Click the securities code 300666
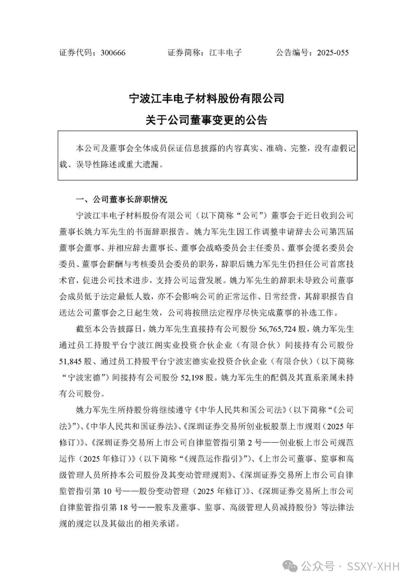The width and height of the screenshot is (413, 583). coord(113,53)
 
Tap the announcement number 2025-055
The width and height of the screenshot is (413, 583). coord(333,53)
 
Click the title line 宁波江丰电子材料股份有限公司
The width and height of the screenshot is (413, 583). coord(206,99)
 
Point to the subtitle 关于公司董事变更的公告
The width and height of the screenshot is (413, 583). coord(206,120)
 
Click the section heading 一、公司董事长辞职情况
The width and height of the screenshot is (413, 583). coord(122,200)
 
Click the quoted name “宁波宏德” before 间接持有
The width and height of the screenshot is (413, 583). coord(85,378)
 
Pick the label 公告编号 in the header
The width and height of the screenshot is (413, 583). coord(293,53)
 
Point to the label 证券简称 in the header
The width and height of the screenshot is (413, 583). coord(185,53)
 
